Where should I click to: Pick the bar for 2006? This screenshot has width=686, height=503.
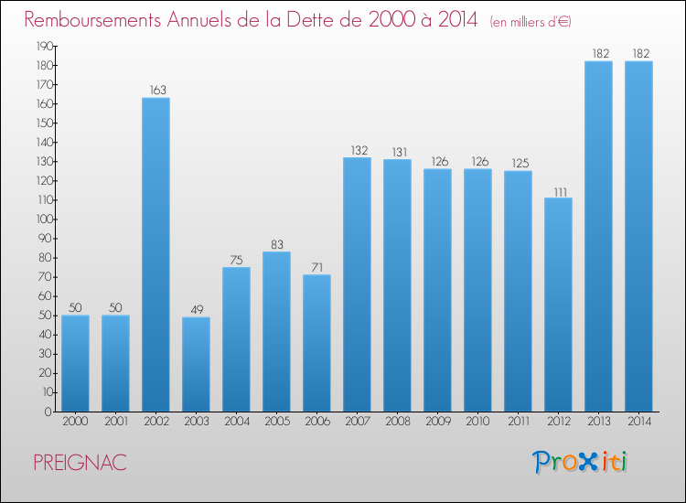coord(316,343)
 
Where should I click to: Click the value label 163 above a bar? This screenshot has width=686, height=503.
coord(155,90)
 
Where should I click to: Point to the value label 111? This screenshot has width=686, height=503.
coord(558,190)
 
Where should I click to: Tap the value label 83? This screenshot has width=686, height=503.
coord(276,244)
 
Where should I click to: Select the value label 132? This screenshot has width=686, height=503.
coord(357,150)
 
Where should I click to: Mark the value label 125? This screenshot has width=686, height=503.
coord(518,164)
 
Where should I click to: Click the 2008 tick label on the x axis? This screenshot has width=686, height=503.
coord(397,422)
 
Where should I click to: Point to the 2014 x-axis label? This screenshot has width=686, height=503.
coord(638,422)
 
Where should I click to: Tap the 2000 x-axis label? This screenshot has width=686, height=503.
coord(75,422)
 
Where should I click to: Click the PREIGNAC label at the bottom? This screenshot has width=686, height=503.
coord(80,463)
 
